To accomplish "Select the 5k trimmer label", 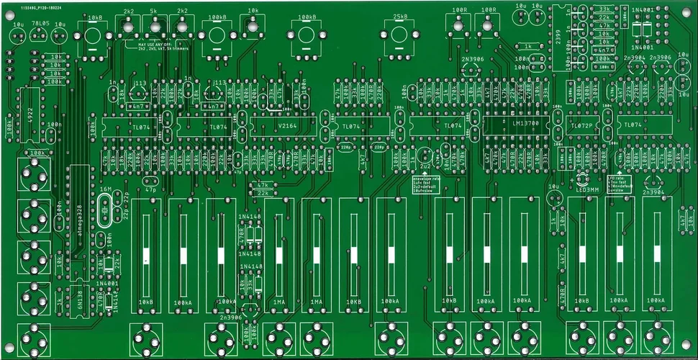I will pos(154,12).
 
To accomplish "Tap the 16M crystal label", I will pos(106,189).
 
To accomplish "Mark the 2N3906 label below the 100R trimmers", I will pos(472,58).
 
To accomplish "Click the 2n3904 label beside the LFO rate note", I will pos(653,192).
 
